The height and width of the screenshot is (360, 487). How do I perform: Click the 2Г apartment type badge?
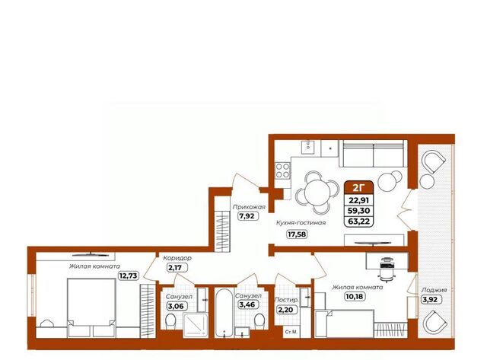coord(358,187)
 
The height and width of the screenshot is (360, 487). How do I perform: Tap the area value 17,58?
coord(297,234)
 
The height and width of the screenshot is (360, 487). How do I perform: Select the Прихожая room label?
coord(249,207)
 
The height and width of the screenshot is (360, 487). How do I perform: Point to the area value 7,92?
coord(248,216)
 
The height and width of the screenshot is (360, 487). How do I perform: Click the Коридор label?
coord(177,258)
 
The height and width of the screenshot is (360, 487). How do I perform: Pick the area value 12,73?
coord(129,276)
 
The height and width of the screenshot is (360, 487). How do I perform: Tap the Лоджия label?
coord(434,290)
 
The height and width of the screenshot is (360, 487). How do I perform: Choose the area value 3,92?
coord(431,300)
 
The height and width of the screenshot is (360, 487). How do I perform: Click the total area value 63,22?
coord(358,221)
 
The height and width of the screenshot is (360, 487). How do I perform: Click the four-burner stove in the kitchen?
coord(283,170)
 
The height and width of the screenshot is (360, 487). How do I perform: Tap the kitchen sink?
coord(308,147)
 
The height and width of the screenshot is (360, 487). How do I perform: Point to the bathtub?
coord(224,313)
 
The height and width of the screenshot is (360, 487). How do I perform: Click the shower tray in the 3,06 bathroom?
coord(196,325)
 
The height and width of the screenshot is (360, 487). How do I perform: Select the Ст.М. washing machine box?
coord(291,332)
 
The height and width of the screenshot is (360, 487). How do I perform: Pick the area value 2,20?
coord(285,310)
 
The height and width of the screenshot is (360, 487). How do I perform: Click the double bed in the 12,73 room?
coord(91,307)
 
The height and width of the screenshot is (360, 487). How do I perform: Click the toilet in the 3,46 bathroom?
coord(259,321)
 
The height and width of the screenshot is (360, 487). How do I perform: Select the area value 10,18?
coord(354,297)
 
